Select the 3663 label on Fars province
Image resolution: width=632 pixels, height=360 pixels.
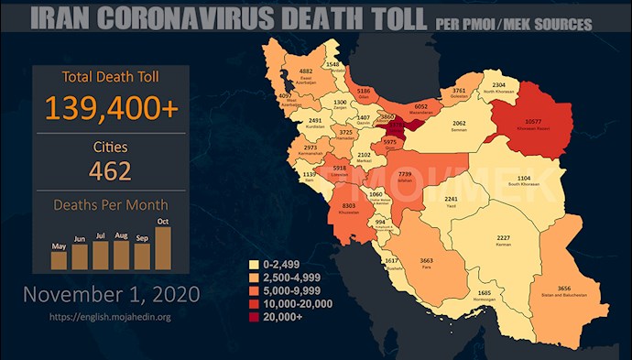tap(426, 260)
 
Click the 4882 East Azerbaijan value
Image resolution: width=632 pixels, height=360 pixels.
tap(308, 71)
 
